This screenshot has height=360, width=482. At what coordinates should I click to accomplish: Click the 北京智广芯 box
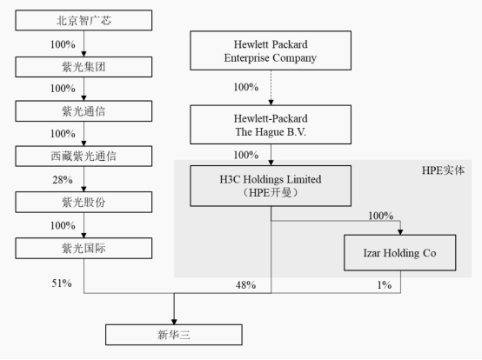pyautogui.click(x=84, y=19)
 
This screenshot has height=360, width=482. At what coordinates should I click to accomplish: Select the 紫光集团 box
pyautogui.click(x=84, y=65)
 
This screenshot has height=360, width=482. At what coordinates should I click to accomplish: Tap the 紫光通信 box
pyautogui.click(x=84, y=111)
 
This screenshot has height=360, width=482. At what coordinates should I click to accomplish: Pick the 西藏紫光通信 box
pyautogui.click(x=84, y=157)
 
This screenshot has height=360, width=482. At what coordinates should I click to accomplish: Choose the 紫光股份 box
pyautogui.click(x=84, y=203)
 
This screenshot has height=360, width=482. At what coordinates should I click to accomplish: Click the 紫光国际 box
pyautogui.click(x=84, y=249)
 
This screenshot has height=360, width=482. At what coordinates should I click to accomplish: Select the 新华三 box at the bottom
pyautogui.click(x=175, y=335)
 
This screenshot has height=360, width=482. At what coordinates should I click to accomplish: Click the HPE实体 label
pyautogui.click(x=442, y=170)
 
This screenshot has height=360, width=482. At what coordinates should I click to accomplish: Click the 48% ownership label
pyautogui.click(x=245, y=285)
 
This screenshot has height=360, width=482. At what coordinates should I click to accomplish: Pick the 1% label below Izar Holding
pyautogui.click(x=381, y=285)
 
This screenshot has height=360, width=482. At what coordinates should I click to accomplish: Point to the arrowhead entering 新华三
pyautogui.click(x=175, y=319)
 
